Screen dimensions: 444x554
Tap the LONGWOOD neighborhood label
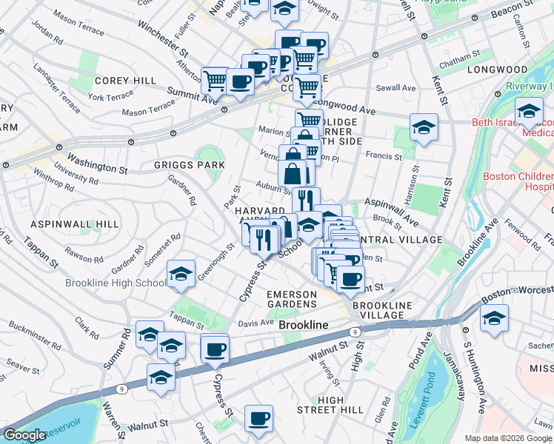[497, 69]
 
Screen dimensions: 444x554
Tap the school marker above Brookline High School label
[181, 274]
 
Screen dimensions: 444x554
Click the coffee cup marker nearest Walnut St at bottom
[258, 418]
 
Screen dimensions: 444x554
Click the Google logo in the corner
[24, 436]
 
